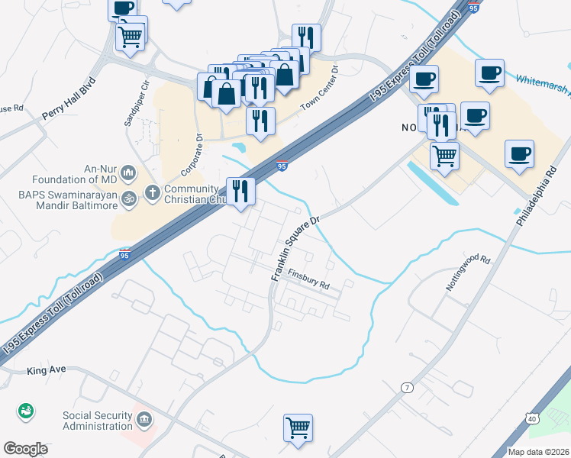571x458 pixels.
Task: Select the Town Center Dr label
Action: click(318, 89)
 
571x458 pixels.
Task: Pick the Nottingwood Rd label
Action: click(467, 273)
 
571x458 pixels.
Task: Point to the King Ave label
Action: click(47, 369)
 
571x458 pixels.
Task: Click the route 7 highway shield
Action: click(408, 388)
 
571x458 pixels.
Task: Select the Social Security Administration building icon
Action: click(144, 420)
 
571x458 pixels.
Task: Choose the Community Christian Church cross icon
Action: click(152, 192)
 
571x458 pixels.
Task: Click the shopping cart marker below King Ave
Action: click(298, 427)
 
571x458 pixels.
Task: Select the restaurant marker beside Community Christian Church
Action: click(240, 191)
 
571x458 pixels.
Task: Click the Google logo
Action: click(26, 449)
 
